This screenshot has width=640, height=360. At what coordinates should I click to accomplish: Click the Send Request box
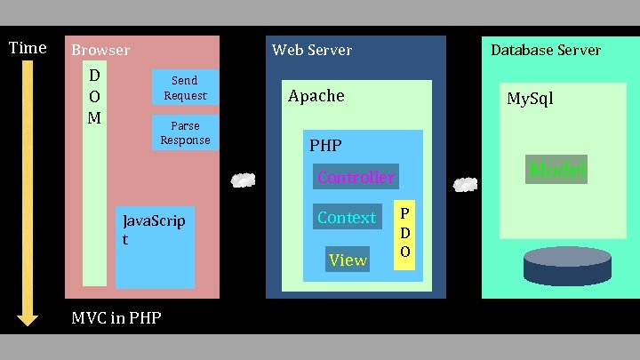click(185, 88)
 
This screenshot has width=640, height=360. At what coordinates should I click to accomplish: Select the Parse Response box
click(185, 133)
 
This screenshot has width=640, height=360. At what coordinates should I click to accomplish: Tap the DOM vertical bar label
click(94, 95)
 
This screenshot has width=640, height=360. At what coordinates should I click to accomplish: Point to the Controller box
click(356, 177)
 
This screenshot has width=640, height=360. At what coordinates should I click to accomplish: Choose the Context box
click(346, 217)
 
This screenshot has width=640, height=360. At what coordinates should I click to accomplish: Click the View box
click(347, 260)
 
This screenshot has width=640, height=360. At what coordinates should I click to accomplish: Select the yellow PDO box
click(404, 233)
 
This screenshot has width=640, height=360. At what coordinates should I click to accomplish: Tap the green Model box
click(556, 170)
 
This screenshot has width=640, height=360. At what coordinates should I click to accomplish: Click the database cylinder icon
click(567, 267)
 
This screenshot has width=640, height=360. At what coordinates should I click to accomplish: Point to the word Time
click(27, 48)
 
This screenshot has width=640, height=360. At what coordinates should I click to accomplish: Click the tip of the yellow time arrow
click(28, 321)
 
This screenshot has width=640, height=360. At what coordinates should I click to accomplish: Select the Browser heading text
click(100, 51)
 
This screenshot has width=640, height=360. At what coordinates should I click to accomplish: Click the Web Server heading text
click(312, 51)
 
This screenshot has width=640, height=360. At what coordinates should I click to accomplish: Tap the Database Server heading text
click(546, 51)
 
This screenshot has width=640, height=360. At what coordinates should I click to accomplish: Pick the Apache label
click(316, 96)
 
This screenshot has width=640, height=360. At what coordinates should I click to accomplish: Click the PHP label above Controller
click(325, 145)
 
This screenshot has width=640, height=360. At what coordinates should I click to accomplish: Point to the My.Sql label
click(530, 99)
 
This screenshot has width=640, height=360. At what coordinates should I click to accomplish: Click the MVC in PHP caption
click(116, 317)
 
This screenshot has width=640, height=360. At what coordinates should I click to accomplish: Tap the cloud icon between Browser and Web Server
click(242, 180)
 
